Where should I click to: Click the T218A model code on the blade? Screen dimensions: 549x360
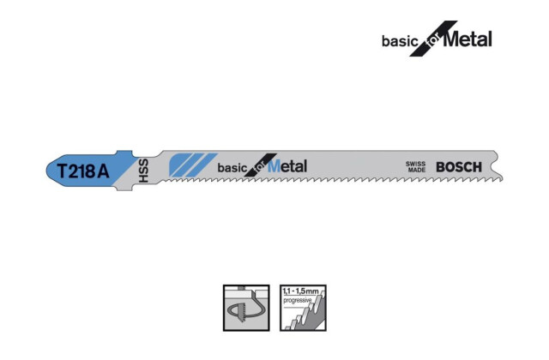click(83, 171)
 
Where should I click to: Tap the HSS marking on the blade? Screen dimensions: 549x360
click(143, 171)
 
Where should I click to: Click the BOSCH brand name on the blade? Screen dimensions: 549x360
click(459, 167)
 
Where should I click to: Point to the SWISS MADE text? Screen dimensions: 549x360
click(415, 167)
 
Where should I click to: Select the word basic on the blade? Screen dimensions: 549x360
click(232, 168)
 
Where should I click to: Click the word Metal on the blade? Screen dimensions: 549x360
click(287, 166)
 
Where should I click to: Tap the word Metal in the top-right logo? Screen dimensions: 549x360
click(468, 39)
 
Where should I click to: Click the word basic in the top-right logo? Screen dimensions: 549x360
click(401, 41)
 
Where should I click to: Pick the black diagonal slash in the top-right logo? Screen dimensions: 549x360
click(433, 39)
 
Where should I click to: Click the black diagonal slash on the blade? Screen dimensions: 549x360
click(261, 165)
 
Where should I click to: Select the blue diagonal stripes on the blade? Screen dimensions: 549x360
click(192, 165)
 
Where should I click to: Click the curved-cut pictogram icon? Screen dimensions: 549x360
click(246, 308)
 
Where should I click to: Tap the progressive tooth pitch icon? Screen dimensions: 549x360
click(303, 308)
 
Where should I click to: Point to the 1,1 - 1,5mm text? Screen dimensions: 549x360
click(300, 291)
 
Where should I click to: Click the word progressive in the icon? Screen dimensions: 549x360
click(298, 301)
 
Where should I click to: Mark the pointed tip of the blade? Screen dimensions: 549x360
click(503, 179)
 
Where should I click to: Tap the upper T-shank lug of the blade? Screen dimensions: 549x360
click(124, 154)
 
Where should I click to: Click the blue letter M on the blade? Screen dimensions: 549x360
click(274, 166)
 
